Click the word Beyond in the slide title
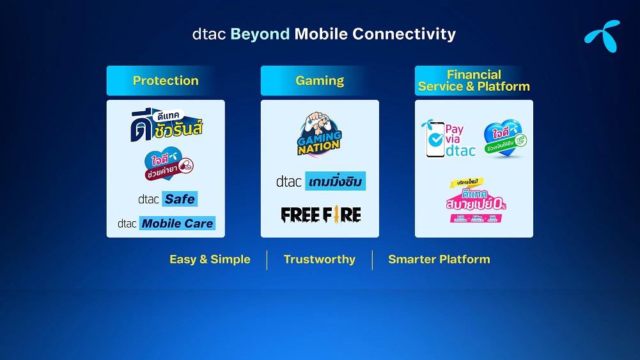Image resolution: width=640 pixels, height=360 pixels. pos(260,34)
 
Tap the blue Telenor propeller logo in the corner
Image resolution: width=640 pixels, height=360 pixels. pos(602,36)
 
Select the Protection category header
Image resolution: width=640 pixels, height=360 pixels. pos(166,81)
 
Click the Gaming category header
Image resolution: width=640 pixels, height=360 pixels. pos(320,81)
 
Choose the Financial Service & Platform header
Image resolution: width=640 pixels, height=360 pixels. pos(474,81)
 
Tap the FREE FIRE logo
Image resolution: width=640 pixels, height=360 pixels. pos(320,214)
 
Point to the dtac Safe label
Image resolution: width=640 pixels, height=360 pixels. pos(168,199)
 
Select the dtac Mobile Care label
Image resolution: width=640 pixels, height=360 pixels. pos(166,223)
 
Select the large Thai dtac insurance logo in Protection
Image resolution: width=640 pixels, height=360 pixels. pos(166,125)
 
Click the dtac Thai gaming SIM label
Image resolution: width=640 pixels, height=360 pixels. pos(320,182)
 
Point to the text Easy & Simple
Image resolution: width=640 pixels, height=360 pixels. pos(210,260)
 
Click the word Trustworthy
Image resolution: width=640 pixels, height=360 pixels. pos(319,260)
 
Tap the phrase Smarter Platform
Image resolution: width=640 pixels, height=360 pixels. pos(439,260)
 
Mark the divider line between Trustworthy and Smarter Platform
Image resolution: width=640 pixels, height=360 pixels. pos(372,260)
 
